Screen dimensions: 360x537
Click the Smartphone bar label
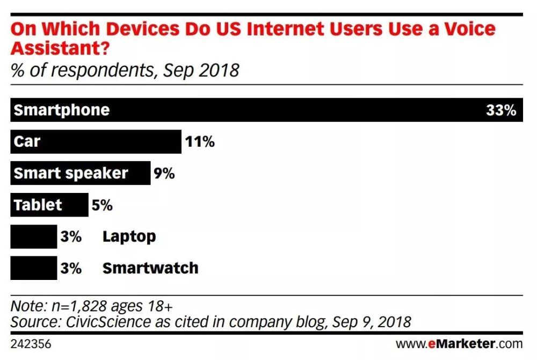pyautogui.click(x=62, y=110)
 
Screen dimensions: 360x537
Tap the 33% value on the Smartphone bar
pyautogui.click(x=500, y=110)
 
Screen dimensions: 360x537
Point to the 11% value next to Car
pyautogui.click(x=200, y=142)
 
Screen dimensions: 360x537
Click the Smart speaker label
pyautogui.click(x=71, y=173)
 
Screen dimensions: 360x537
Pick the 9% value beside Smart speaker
pyautogui.click(x=164, y=173)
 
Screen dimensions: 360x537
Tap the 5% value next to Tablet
pyautogui.click(x=102, y=205)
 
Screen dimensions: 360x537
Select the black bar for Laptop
pyautogui.click(x=33, y=236)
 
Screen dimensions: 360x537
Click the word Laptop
pyautogui.click(x=129, y=236)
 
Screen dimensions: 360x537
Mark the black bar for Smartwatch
pyautogui.click(x=33, y=268)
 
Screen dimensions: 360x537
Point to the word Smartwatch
pyautogui.click(x=150, y=268)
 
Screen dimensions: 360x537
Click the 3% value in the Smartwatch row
pyautogui.click(x=70, y=268)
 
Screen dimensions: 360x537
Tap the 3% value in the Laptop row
pyautogui.click(x=70, y=236)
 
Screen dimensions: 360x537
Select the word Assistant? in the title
pyautogui.click(x=59, y=49)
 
